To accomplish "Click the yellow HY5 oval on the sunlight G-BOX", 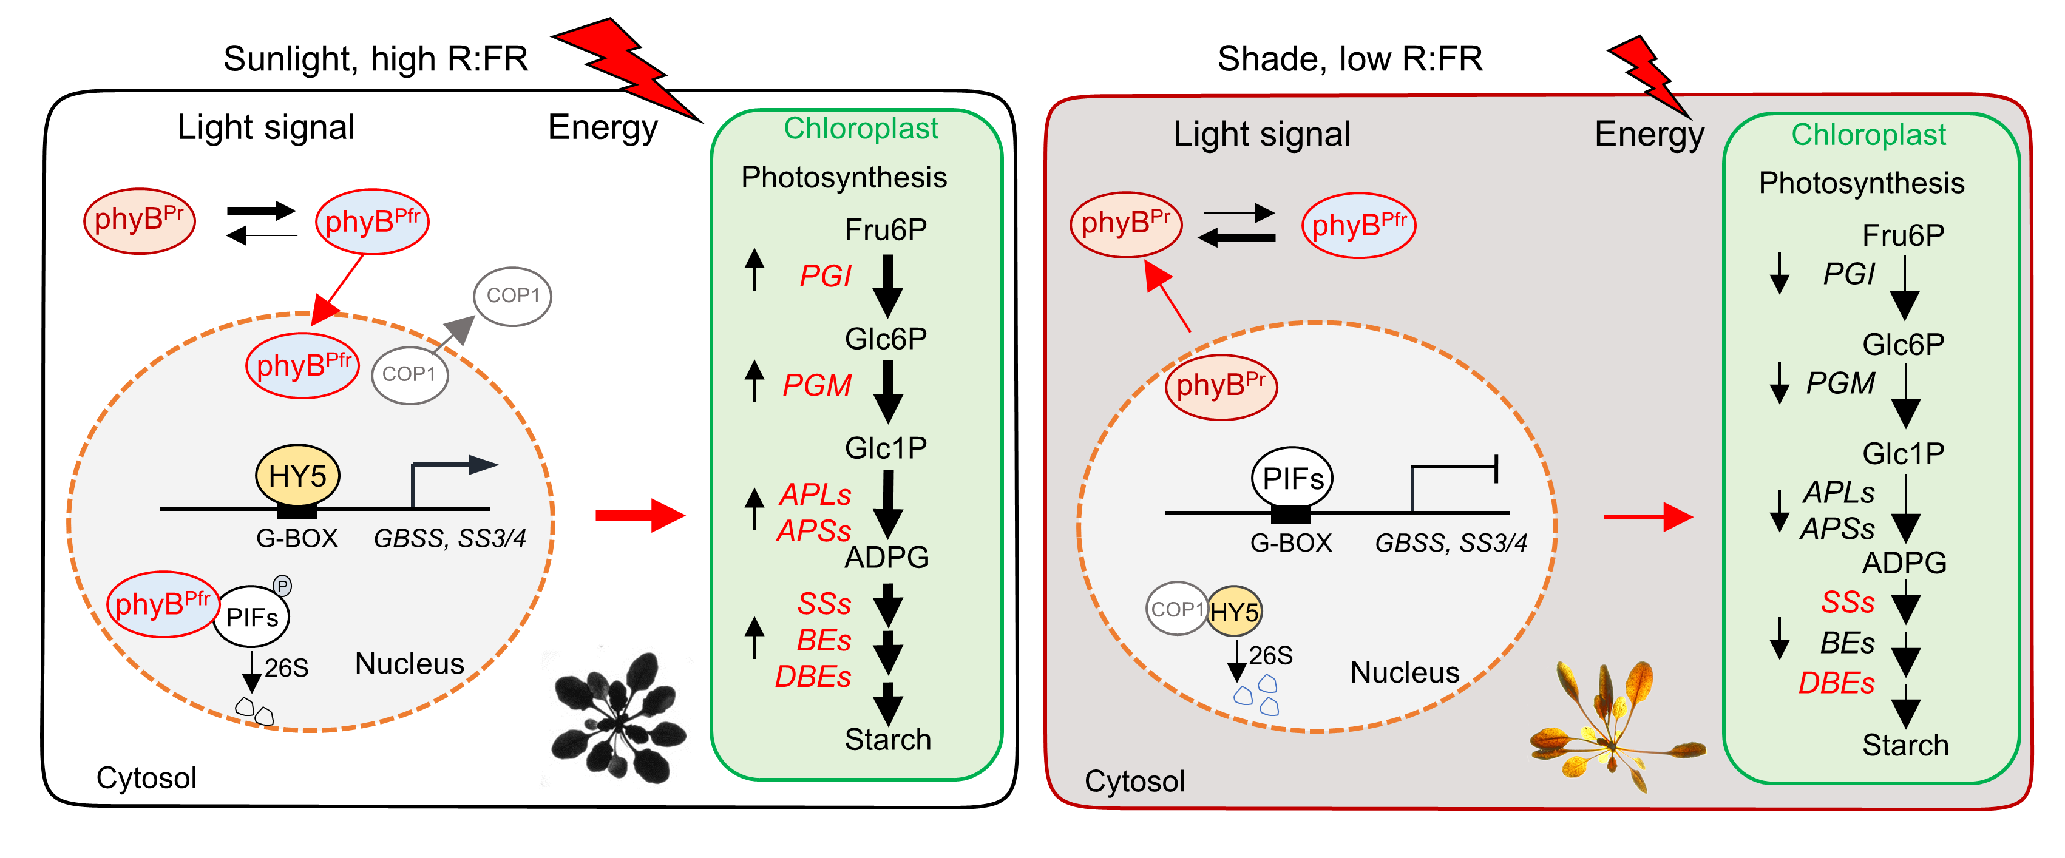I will tap(297, 476).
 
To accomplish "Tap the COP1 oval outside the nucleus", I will tap(513, 296).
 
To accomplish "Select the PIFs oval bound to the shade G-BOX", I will tap(1292, 478).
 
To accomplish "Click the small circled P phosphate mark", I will tap(282, 586).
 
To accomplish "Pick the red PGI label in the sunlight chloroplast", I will tap(825, 276).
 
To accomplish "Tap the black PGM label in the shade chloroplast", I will tap(1840, 383).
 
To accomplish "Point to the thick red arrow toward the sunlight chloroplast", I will tap(640, 515).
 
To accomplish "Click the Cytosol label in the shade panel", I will tap(1134, 781).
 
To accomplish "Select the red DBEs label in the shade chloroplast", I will tap(1836, 683).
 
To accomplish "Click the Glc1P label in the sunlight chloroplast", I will tap(886, 448).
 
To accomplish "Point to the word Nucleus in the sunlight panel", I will tap(409, 663).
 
